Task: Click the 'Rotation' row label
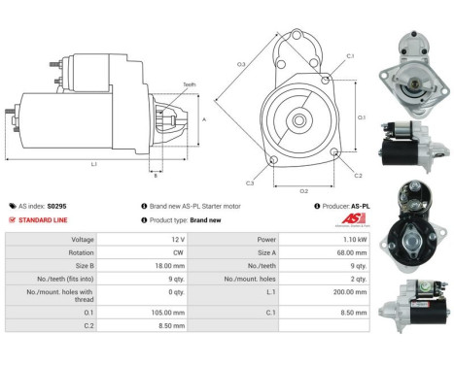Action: (82, 252)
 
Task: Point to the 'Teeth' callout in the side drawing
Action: (189, 85)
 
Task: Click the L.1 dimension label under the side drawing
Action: (93, 164)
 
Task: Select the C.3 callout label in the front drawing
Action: (250, 182)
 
